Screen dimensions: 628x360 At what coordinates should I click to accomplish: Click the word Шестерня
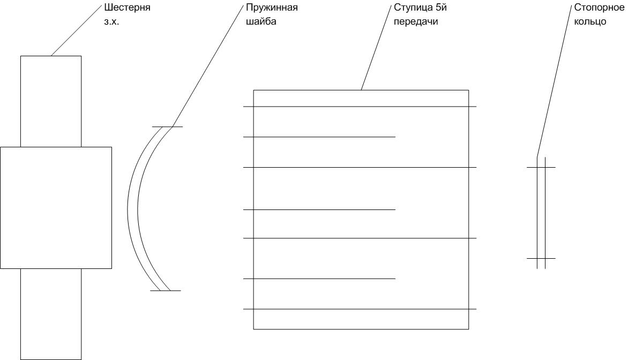(x=127, y=7)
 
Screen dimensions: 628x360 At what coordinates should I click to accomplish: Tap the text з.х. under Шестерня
(x=112, y=22)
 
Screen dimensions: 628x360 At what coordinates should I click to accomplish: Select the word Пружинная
(x=272, y=8)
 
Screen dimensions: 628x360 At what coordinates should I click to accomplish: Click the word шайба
(x=261, y=21)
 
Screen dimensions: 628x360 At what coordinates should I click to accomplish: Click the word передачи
(x=416, y=21)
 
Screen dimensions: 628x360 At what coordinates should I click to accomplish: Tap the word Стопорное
(x=599, y=7)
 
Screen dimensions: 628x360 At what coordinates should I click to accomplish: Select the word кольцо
(x=590, y=21)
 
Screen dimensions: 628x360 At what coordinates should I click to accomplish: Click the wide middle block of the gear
(x=56, y=208)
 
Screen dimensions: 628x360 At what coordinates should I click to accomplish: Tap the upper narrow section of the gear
(x=51, y=101)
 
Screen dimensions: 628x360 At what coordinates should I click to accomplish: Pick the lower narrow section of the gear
(x=51, y=314)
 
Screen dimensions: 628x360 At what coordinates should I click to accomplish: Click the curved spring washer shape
(x=132, y=208)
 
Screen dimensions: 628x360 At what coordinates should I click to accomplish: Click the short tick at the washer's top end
(x=167, y=127)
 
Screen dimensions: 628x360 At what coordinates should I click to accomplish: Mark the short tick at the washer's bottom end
(x=166, y=291)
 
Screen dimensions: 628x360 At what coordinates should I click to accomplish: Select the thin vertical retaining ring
(x=541, y=213)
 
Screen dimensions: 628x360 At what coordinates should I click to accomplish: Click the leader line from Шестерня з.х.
(x=77, y=31)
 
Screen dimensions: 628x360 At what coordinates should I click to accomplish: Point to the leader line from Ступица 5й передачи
(x=376, y=48)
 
